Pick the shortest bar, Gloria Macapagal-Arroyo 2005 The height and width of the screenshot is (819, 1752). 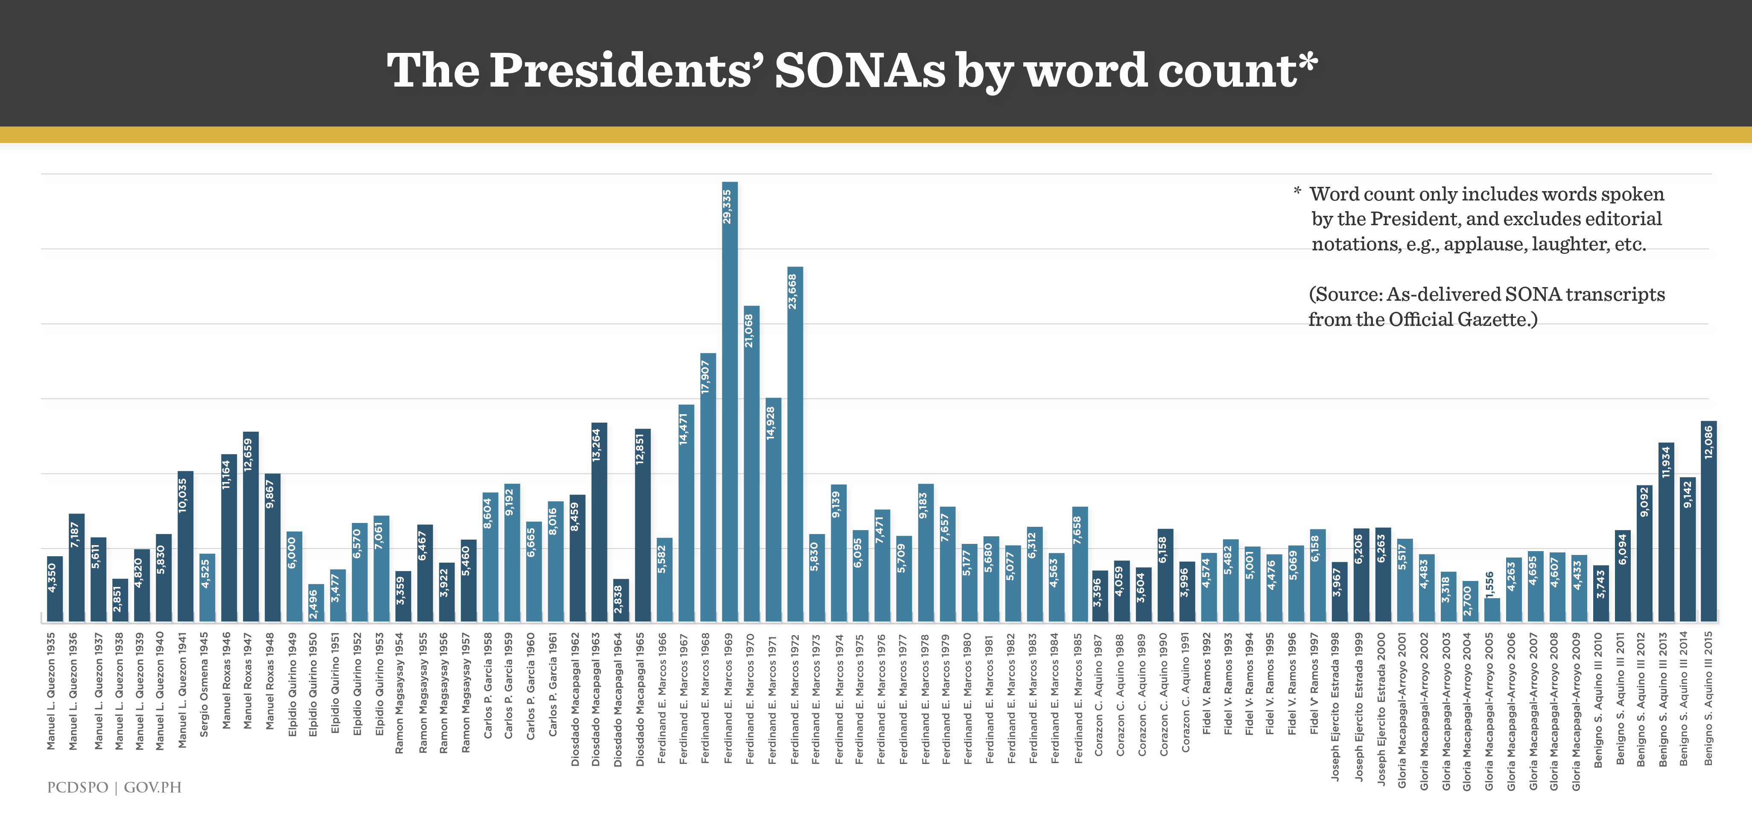(x=1492, y=609)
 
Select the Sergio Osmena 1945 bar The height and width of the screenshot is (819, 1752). (x=207, y=587)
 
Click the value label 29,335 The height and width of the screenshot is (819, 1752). (x=728, y=206)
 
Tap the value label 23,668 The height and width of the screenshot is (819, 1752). (x=793, y=291)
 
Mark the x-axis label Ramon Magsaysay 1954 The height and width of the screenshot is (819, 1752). (x=400, y=693)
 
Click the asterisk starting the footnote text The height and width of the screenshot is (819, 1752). (x=1297, y=192)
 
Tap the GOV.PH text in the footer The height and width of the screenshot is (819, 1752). (x=152, y=787)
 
